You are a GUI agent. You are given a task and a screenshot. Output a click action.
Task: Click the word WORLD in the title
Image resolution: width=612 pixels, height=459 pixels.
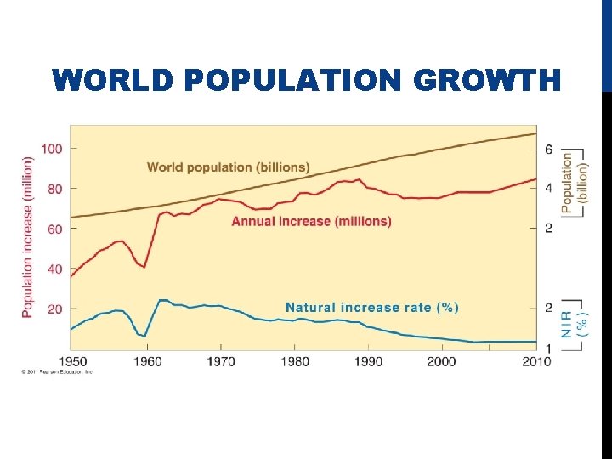112,81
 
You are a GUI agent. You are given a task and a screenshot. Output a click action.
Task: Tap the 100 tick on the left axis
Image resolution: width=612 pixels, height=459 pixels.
52,149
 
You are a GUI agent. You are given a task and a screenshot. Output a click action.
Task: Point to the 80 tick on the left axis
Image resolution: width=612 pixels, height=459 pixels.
54,189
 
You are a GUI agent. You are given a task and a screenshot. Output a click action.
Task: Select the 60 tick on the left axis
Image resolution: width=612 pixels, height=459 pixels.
54,229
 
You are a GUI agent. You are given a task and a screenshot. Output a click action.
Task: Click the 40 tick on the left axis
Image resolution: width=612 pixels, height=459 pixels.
54,269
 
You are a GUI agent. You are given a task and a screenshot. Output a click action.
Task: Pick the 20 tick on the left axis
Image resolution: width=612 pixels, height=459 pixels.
54,309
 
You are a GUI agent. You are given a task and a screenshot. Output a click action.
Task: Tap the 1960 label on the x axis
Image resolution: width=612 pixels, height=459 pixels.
147,360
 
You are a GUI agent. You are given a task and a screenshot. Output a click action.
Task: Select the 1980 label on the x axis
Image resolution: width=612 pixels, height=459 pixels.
295,360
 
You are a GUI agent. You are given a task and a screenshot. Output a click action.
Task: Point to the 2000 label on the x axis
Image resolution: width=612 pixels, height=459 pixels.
441,360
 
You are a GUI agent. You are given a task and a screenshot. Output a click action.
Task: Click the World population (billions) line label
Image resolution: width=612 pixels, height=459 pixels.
228,167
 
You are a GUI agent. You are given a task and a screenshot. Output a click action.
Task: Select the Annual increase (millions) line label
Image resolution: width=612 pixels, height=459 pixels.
311,221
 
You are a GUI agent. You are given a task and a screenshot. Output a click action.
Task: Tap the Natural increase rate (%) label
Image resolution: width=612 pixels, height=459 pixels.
371,307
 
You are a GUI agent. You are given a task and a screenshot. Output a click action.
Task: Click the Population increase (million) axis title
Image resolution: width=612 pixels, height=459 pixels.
27,237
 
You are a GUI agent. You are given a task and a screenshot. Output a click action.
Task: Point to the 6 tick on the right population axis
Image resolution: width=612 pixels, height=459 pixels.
548,150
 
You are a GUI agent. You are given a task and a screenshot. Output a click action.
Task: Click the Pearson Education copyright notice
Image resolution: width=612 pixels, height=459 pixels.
58,371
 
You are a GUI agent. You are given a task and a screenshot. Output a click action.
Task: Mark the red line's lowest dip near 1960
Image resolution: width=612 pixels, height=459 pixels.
144,267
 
